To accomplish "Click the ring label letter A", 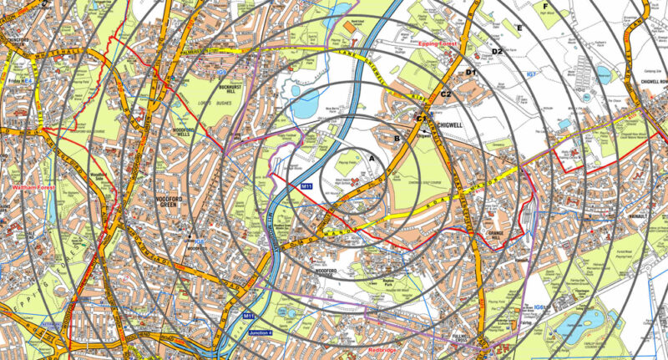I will [372, 157].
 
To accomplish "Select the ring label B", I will [397, 138].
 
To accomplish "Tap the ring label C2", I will [446, 94].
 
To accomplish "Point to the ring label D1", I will [471, 73].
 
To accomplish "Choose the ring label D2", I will [497, 52].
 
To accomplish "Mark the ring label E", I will [519, 29].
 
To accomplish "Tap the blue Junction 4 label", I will [265, 334].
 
